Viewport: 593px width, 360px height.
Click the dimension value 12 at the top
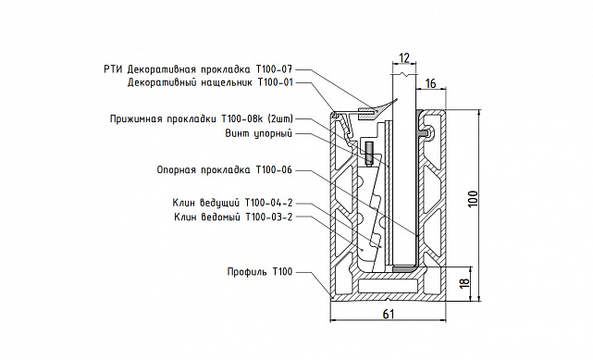point(404,58)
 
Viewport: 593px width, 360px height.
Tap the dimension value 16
point(431,83)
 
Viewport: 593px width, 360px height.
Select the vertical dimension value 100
point(473,199)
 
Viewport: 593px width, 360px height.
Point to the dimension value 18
point(465,281)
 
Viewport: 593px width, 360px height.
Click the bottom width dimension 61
point(389,314)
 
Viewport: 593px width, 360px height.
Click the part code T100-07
point(274,69)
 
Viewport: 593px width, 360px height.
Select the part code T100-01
point(275,82)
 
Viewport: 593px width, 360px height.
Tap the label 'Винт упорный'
point(259,134)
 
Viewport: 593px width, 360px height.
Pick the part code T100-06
point(274,170)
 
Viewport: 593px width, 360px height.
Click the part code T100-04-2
point(269,203)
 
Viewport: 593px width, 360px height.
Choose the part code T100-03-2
point(269,217)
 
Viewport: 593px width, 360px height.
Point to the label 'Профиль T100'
point(260,272)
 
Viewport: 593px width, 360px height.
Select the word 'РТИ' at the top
point(113,69)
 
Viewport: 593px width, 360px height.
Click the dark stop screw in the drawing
point(369,153)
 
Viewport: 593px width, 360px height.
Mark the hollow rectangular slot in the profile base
point(389,286)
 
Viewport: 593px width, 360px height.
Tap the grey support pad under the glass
point(404,269)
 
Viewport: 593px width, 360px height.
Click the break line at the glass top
point(404,75)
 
